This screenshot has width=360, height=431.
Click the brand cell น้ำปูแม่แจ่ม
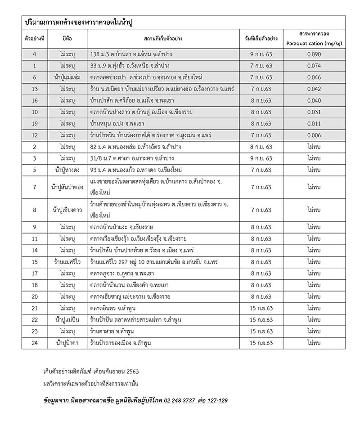pyautogui.click(x=67, y=77)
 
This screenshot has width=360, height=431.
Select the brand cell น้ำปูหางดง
pyautogui.click(x=67, y=170)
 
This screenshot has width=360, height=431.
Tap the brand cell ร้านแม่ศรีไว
pyautogui.click(x=67, y=261)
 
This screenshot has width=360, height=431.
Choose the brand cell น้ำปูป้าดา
pyautogui.click(x=67, y=343)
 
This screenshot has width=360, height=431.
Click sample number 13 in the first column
pyautogui.click(x=35, y=89)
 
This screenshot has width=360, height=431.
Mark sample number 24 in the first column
pyautogui.click(x=35, y=343)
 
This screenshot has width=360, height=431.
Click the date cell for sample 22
pyautogui.click(x=261, y=320)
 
